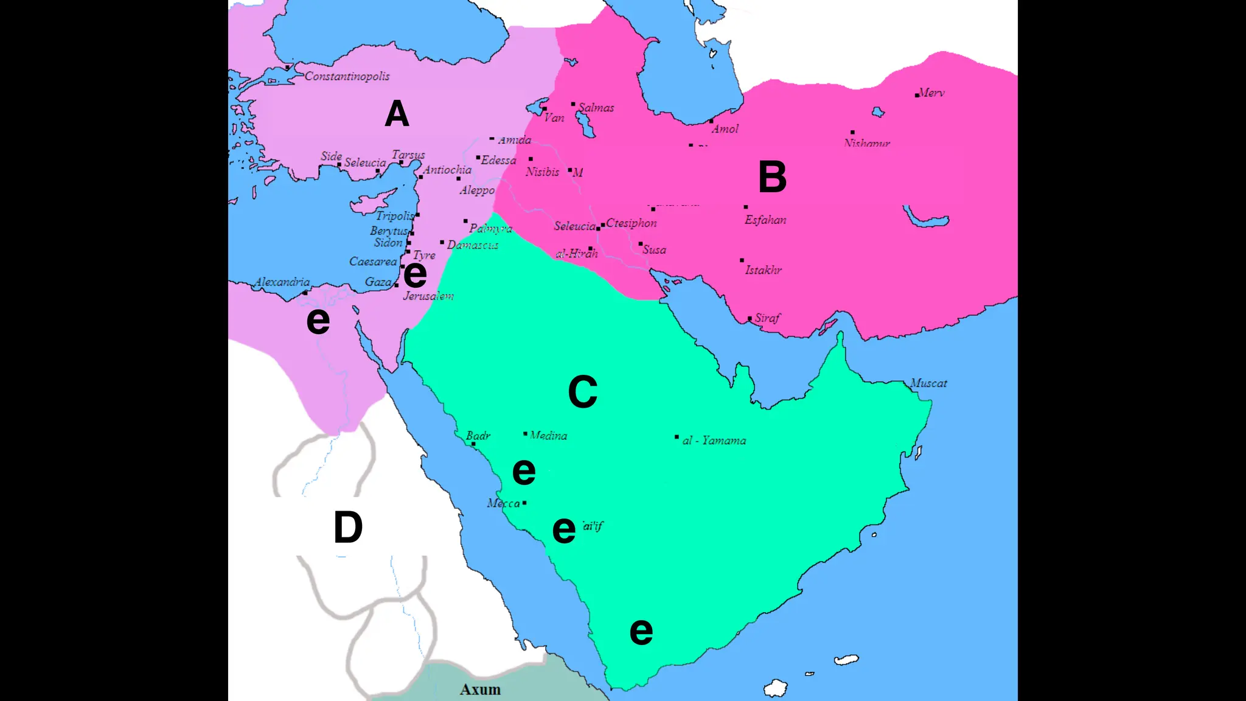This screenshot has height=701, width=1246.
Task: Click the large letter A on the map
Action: pyautogui.click(x=397, y=114)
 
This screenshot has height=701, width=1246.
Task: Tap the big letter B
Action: pyautogui.click(x=772, y=177)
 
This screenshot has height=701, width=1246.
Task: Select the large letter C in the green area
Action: pyautogui.click(x=582, y=392)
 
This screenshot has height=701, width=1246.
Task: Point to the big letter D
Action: pyautogui.click(x=348, y=527)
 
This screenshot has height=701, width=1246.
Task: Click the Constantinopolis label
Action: pyautogui.click(x=347, y=76)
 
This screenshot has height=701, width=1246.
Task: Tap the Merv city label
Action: pyautogui.click(x=931, y=92)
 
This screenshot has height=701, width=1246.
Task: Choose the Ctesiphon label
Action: pyautogui.click(x=632, y=223)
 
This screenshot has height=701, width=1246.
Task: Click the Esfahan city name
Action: pyautogui.click(x=765, y=220)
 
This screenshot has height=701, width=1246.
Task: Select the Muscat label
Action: pyautogui.click(x=928, y=383)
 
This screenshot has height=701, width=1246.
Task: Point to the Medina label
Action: pyautogui.click(x=548, y=436)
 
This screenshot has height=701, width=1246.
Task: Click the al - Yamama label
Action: pyautogui.click(x=714, y=441)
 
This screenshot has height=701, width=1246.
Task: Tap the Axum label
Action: pyautogui.click(x=480, y=689)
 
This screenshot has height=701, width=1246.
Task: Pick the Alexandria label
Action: pyautogui.click(x=282, y=282)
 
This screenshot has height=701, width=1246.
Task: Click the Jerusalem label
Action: pyautogui.click(x=428, y=296)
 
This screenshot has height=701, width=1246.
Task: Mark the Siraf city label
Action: pyautogui.click(x=767, y=318)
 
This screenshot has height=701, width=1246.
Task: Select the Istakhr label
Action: pyautogui.click(x=763, y=270)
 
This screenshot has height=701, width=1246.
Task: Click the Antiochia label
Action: pyautogui.click(x=447, y=170)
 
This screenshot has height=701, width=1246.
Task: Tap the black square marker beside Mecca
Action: pyautogui.click(x=524, y=503)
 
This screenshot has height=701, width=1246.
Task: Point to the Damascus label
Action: pyautogui.click(x=473, y=245)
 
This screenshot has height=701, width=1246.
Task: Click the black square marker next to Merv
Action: pyautogui.click(x=917, y=96)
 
